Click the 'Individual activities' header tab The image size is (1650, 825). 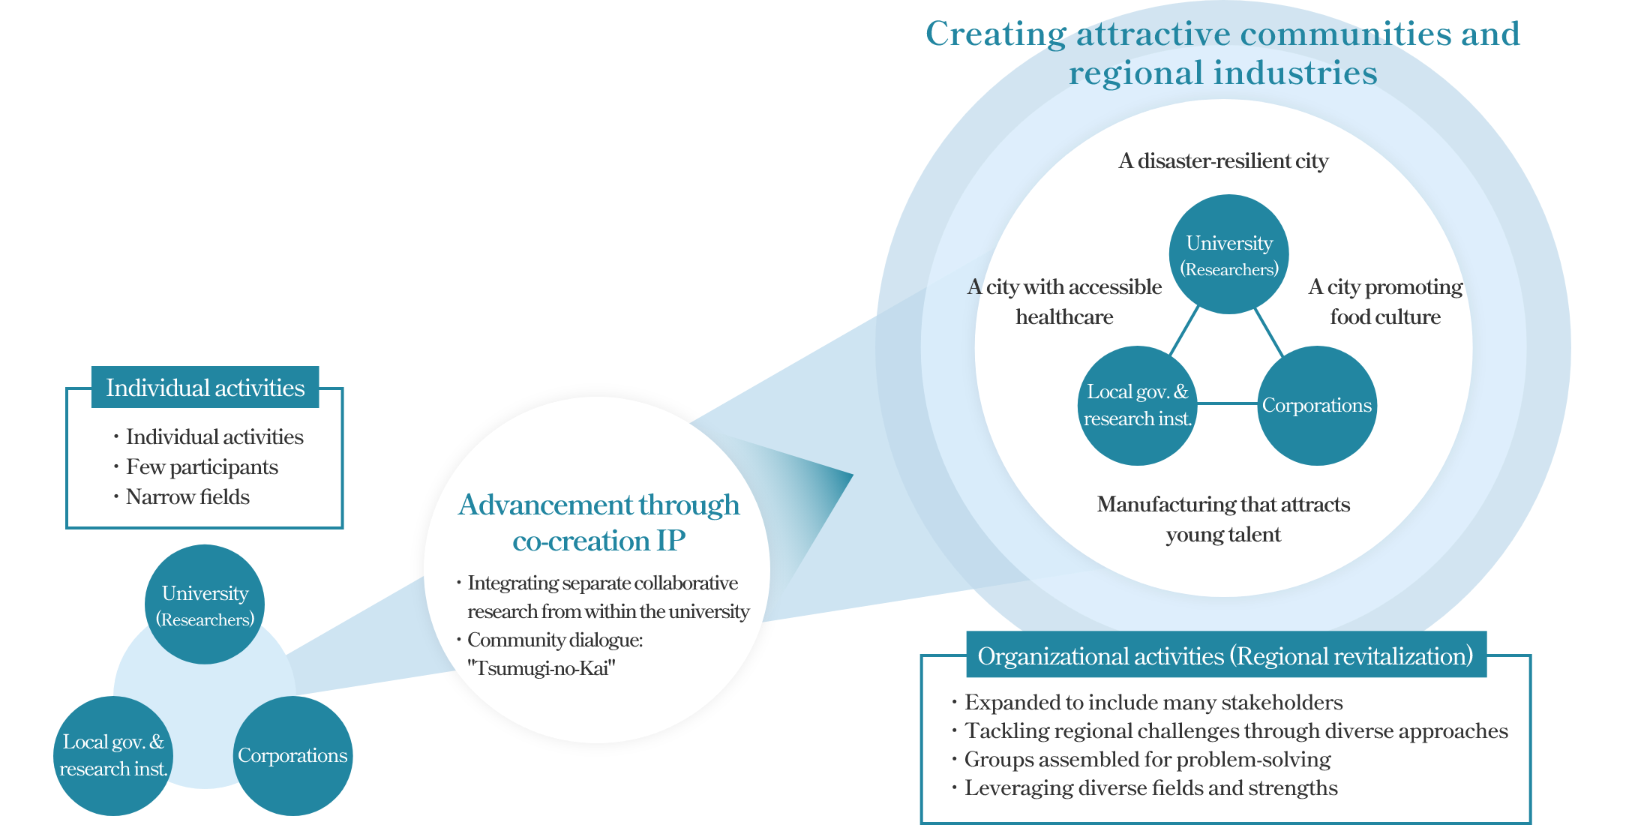pyautogui.click(x=205, y=388)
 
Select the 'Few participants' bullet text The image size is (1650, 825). pyautogui.click(x=202, y=467)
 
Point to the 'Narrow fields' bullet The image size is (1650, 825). pyautogui.click(x=187, y=497)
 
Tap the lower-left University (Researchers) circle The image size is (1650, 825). pyautogui.click(x=205, y=604)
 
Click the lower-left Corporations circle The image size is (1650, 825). pyautogui.click(x=292, y=755)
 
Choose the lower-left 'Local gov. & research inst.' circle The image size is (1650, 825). pyautogui.click(x=113, y=755)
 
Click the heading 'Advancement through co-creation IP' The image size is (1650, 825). pyautogui.click(x=598, y=523)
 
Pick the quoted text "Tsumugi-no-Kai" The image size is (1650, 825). pyautogui.click(x=541, y=668)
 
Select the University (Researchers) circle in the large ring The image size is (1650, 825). pyautogui.click(x=1229, y=254)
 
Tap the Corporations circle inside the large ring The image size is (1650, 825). pyautogui.click(x=1317, y=406)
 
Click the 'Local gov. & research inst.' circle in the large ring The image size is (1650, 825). pyautogui.click(x=1137, y=406)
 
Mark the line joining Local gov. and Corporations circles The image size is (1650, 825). pyautogui.click(x=1227, y=403)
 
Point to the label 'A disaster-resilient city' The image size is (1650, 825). pyautogui.click(x=1223, y=161)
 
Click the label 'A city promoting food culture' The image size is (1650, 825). pyautogui.click(x=1385, y=301)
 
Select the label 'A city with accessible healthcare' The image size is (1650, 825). pyautogui.click(x=1064, y=301)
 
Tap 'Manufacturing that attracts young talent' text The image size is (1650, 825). pyautogui.click(x=1223, y=519)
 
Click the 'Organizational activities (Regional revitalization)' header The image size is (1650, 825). pyautogui.click(x=1225, y=656)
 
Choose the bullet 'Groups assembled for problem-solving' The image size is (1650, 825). pyautogui.click(x=1147, y=760)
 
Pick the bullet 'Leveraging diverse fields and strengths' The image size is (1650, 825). pyautogui.click(x=1150, y=788)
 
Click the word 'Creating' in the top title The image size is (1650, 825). pyautogui.click(x=995, y=34)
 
